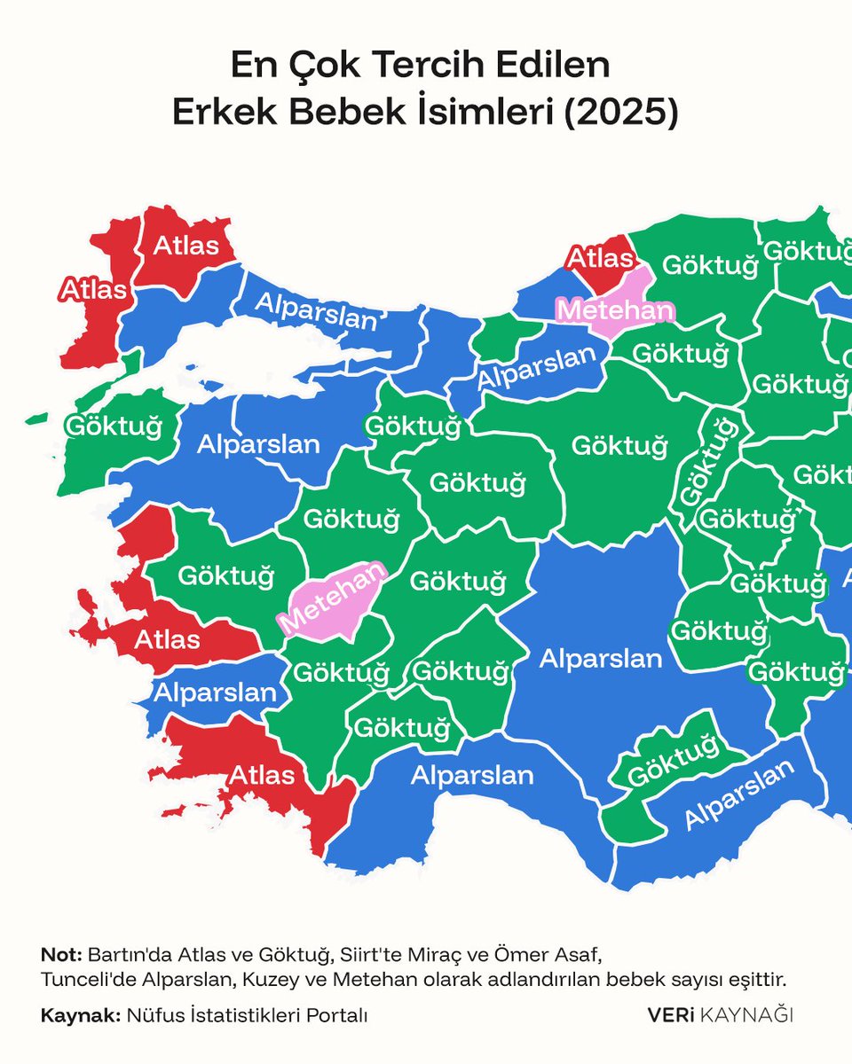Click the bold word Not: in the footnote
[61, 956]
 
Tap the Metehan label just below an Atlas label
[614, 311]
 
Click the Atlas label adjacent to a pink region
[602, 259]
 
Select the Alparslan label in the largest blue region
[601, 659]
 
